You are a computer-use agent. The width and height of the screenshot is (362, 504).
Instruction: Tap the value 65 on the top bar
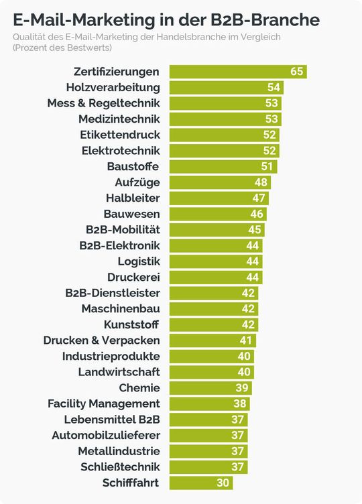click(x=297, y=72)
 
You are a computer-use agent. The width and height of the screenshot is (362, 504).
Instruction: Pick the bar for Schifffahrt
click(x=200, y=483)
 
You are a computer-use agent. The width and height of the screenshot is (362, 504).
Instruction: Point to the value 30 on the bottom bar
click(x=223, y=483)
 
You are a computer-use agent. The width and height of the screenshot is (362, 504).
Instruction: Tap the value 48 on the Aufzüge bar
click(x=261, y=182)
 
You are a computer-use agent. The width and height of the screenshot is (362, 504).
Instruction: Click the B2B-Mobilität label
click(x=118, y=230)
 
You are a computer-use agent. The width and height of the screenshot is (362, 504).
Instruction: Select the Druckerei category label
click(x=133, y=277)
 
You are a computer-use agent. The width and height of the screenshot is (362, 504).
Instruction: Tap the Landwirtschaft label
click(x=119, y=372)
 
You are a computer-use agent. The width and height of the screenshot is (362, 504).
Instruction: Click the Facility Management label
click(x=103, y=403)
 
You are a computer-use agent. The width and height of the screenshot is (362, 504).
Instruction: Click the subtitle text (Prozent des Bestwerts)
click(x=62, y=48)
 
